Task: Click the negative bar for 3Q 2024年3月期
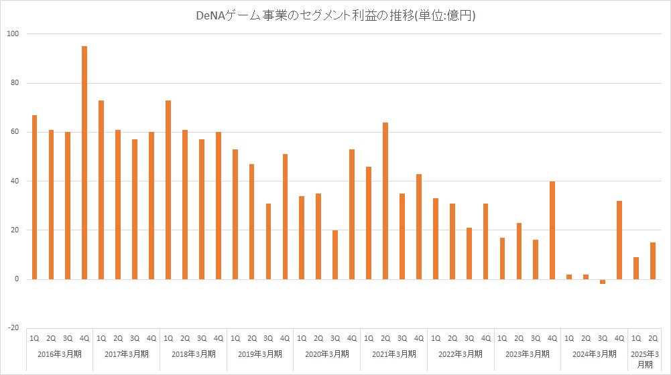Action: (603, 282)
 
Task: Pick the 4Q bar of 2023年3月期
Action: (552, 230)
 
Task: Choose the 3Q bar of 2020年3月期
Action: (335, 254)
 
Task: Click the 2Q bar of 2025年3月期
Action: (653, 260)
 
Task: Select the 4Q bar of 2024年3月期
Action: (619, 240)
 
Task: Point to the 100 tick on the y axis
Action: (13, 34)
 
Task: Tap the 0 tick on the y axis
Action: (17, 279)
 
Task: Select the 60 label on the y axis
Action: (13, 132)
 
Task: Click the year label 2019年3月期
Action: (260, 354)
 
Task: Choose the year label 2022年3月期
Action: (461, 354)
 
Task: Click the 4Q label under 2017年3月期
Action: (151, 338)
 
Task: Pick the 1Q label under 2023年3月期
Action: (502, 338)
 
